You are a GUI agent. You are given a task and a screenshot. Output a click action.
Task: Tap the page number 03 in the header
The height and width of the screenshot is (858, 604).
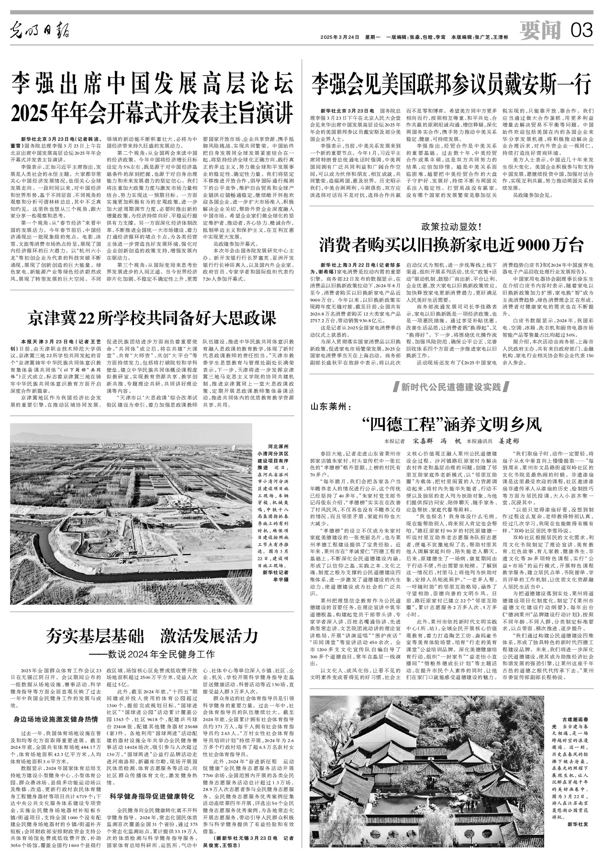(582, 32)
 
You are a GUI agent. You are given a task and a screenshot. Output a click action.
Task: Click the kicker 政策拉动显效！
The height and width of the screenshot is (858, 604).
(451, 226)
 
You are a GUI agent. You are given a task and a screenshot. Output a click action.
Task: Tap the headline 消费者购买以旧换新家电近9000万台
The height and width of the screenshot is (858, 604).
(451, 245)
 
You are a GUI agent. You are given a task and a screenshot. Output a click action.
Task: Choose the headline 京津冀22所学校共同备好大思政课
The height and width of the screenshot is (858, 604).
(152, 317)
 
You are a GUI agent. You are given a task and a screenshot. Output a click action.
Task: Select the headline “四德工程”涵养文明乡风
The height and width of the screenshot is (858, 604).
(451, 424)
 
